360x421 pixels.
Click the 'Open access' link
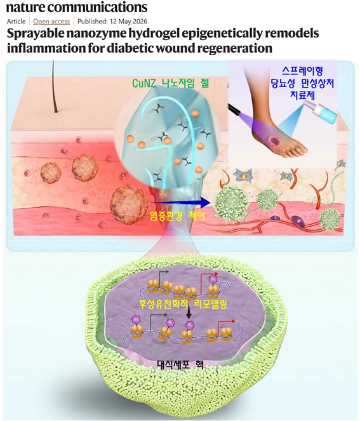[x=51, y=21]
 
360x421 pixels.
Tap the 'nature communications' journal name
[x=77, y=7]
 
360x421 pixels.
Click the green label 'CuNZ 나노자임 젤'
[x=170, y=83]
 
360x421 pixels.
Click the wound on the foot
[x=275, y=140]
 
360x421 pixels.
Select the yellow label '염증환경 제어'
[x=179, y=216]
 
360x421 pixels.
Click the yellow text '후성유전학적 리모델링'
[x=183, y=304]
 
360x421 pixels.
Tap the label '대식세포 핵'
[x=180, y=364]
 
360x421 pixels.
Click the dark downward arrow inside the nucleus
[x=189, y=313]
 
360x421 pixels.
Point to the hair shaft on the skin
[x=55, y=86]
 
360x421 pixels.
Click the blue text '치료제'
[x=303, y=95]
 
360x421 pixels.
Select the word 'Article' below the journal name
[x=16, y=21]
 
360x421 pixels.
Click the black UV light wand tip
[x=233, y=109]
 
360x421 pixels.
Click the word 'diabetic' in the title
[x=130, y=48]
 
